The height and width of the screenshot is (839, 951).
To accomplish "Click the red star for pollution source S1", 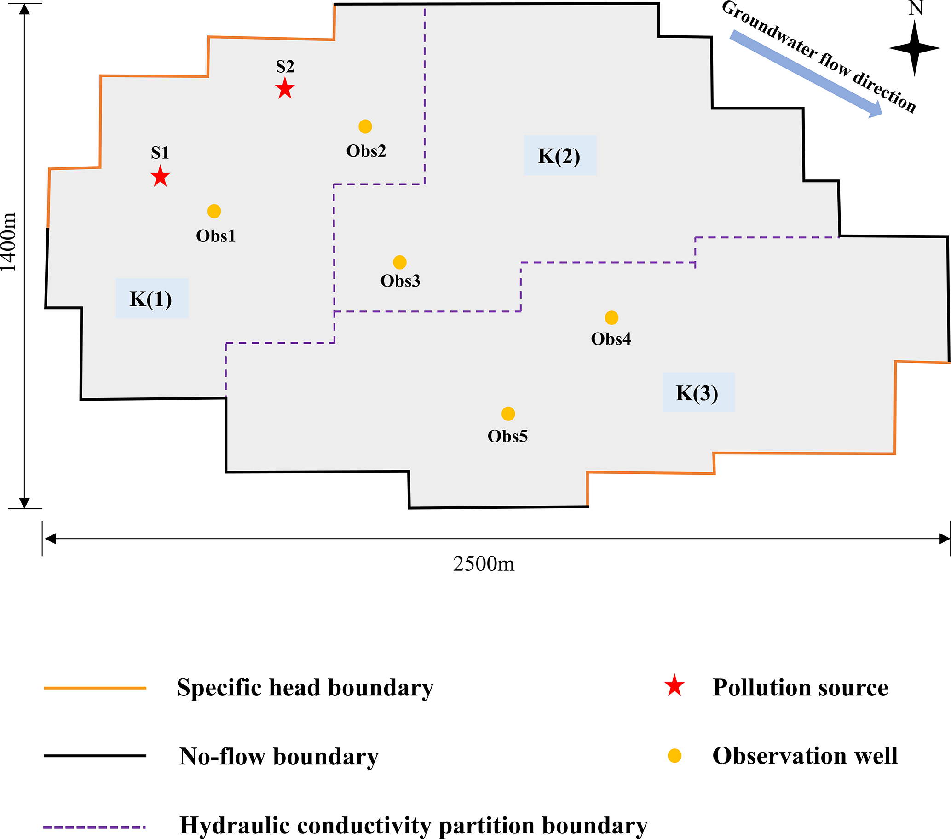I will click(x=161, y=177).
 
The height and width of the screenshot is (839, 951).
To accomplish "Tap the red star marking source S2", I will click(x=285, y=88).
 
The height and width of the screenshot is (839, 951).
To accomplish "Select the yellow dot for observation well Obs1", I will click(x=214, y=211).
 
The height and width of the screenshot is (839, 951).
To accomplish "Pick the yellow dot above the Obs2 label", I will click(x=365, y=126).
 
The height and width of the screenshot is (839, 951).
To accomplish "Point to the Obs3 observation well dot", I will click(x=400, y=262).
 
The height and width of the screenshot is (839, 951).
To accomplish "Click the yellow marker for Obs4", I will click(x=611, y=318).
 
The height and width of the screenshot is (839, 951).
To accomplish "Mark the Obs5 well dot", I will click(x=508, y=414).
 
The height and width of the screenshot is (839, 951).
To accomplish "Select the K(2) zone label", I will click(x=560, y=156).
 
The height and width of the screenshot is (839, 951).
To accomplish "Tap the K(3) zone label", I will click(x=698, y=392).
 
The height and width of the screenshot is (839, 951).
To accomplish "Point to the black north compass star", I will click(x=915, y=48).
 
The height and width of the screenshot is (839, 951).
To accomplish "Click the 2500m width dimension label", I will click(x=484, y=564).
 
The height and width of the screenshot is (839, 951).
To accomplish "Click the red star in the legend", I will click(x=674, y=686).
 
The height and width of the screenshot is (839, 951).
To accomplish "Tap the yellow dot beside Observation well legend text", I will click(x=674, y=756).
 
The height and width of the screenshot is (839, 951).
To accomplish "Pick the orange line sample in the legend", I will click(x=95, y=688).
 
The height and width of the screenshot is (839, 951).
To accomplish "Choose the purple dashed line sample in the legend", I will click(x=94, y=828).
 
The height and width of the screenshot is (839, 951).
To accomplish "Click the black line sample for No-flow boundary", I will click(x=95, y=756).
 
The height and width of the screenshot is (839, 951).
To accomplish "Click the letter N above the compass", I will click(x=916, y=8).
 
